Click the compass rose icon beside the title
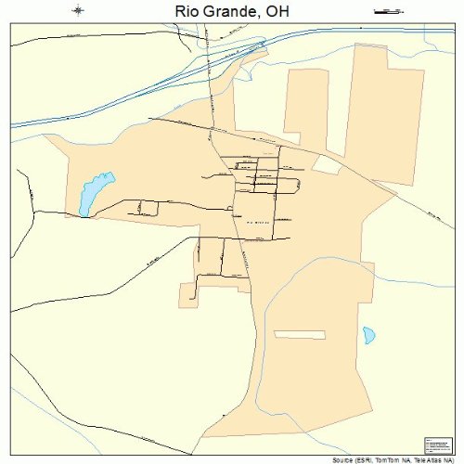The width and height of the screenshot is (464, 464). (x=78, y=11)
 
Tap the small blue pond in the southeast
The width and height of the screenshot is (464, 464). (x=369, y=335)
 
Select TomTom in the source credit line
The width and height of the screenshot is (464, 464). (x=389, y=459)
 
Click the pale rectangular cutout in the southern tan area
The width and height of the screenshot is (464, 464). (x=300, y=334)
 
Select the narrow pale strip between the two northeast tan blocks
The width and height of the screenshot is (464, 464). (x=336, y=102)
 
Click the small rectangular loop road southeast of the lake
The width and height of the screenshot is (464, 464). (x=148, y=207)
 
